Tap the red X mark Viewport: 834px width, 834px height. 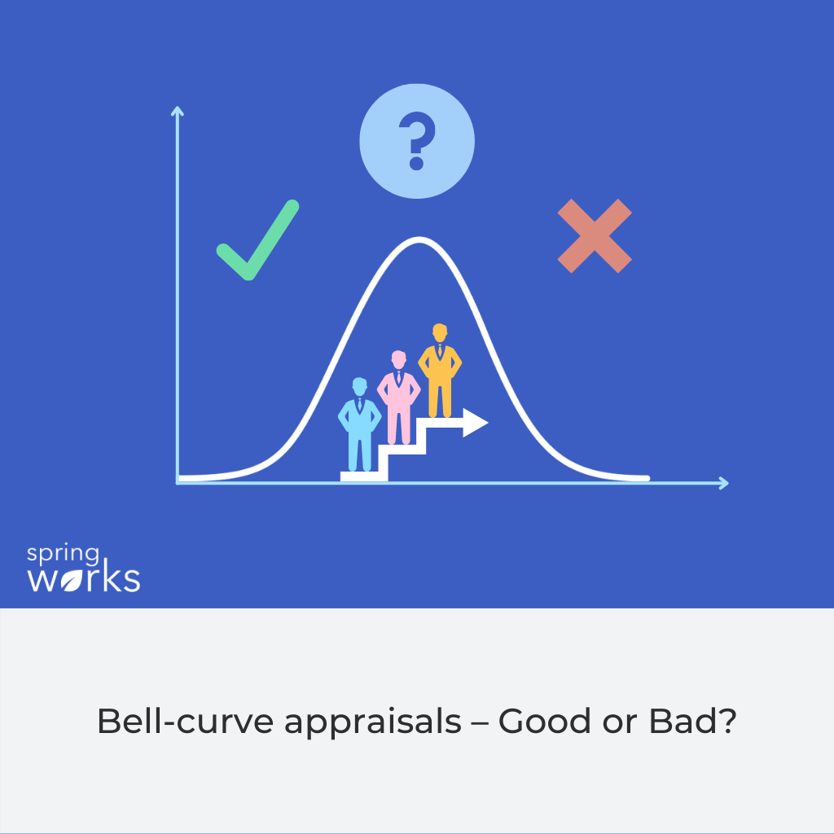[595, 235]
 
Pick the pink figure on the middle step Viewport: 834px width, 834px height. [398, 397]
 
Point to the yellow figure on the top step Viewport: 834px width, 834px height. [440, 371]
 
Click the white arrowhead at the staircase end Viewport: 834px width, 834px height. [475, 423]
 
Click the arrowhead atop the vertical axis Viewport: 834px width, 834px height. [177, 111]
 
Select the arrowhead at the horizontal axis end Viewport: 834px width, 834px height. [722, 483]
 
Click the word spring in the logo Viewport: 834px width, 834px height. [63, 556]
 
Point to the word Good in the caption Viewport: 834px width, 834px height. [541, 722]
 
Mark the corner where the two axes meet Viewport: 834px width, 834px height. [178, 483]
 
